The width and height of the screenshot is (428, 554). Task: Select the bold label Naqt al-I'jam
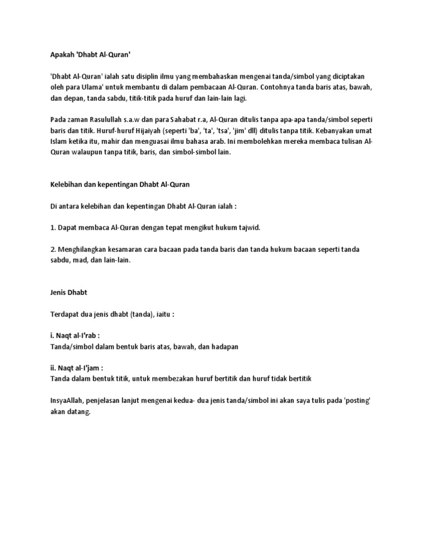click(76, 368)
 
